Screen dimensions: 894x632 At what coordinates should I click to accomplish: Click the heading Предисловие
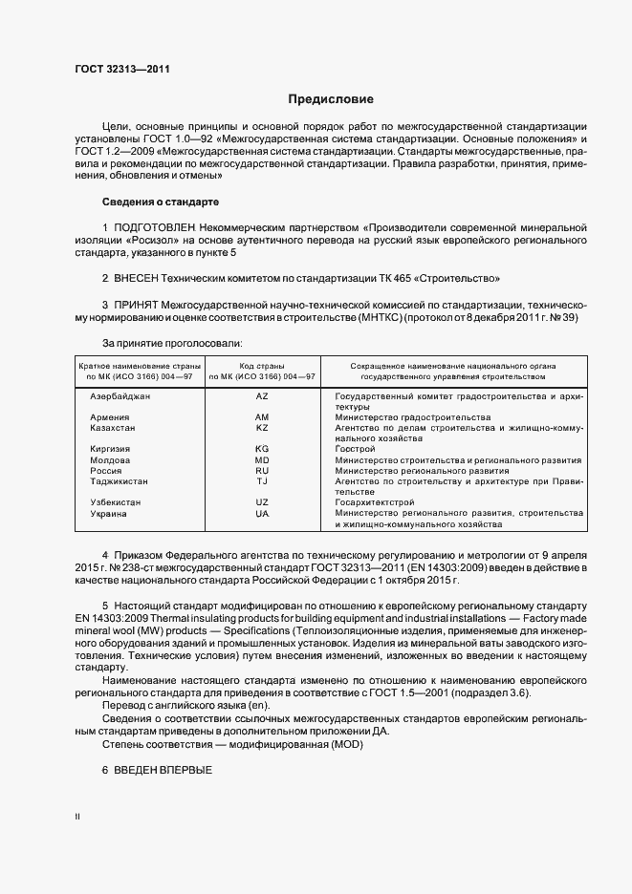(331, 99)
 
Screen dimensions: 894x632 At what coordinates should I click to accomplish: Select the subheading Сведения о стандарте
(161, 202)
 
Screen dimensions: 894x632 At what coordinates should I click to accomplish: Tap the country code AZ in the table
(262, 394)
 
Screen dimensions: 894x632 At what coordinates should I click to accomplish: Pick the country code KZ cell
(262, 428)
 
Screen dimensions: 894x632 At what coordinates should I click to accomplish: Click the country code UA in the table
(262, 514)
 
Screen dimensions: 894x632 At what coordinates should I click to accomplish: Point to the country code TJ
(262, 481)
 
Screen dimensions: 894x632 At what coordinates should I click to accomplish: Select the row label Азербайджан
(120, 394)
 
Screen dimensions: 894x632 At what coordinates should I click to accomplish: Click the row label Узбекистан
(116, 502)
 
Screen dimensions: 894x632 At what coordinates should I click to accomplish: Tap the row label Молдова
(110, 459)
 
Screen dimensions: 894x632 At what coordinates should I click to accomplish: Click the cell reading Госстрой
(349, 449)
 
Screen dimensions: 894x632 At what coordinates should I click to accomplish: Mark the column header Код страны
(262, 366)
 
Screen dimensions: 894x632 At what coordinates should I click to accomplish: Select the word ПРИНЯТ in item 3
(140, 305)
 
